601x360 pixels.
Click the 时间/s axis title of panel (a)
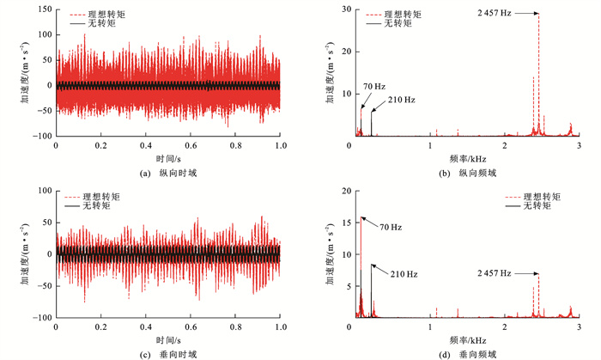pos(167,159)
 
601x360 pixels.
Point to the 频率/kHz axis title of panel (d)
pos(467,339)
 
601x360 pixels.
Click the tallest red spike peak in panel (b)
pos(539,15)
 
